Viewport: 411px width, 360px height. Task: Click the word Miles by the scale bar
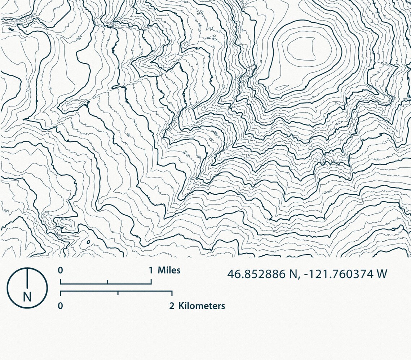point(169,270)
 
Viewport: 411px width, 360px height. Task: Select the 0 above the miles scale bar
point(61,270)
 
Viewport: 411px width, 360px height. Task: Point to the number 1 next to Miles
point(151,270)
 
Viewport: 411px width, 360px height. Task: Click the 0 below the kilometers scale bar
point(61,306)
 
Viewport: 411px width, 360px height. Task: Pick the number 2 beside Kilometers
point(172,306)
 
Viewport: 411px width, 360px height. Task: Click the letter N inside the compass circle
point(27,297)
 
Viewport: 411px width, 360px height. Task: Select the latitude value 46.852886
point(256,274)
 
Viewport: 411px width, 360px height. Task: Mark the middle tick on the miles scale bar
point(107,282)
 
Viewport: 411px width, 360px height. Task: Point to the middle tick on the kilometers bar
point(118,293)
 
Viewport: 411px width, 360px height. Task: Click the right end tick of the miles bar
point(151,281)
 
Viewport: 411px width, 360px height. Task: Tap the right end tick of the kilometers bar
point(172,293)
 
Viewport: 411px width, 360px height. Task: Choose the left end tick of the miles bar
point(61,281)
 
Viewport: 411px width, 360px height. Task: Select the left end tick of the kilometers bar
point(61,293)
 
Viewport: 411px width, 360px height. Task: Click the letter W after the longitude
point(382,274)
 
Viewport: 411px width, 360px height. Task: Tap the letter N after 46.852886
point(292,274)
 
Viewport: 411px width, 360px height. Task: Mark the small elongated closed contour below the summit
point(282,87)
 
